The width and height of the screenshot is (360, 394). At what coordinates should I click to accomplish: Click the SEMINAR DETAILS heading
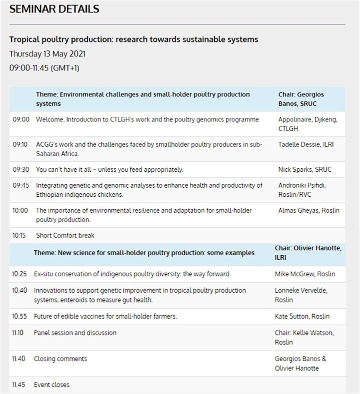[x=54, y=9]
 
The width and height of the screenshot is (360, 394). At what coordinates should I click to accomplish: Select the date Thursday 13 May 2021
[x=47, y=54]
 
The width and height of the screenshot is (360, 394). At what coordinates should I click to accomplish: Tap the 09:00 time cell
[x=21, y=119]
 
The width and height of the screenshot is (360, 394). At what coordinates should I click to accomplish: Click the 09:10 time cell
[x=20, y=144]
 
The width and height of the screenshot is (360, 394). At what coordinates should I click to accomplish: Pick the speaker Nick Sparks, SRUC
[x=304, y=170]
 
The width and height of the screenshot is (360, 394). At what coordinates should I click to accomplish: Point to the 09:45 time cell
[x=21, y=185]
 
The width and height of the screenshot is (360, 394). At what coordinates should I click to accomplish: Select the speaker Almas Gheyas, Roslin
[x=308, y=210]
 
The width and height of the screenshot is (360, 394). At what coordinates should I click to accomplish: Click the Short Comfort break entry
[x=65, y=235]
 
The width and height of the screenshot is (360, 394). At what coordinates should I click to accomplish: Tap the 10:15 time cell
[x=19, y=235]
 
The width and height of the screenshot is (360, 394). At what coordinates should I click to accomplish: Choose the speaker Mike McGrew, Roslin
[x=305, y=274]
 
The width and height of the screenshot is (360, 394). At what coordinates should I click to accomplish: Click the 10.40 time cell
[x=19, y=290]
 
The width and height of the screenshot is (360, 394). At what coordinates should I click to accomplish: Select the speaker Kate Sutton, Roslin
[x=302, y=316]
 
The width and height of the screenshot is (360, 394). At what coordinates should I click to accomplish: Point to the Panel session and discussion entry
[x=75, y=333]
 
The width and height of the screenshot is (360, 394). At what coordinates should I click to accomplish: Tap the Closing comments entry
[x=60, y=359]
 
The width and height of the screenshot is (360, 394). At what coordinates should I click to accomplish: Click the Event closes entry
[x=51, y=385]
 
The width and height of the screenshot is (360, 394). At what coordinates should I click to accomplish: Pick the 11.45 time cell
[x=18, y=385]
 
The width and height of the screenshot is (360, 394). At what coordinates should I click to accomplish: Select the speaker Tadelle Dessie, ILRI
[x=306, y=144]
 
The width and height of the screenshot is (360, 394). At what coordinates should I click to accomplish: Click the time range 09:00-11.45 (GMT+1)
[x=44, y=68]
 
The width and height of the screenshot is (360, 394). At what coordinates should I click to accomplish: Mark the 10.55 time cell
[x=19, y=316]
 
